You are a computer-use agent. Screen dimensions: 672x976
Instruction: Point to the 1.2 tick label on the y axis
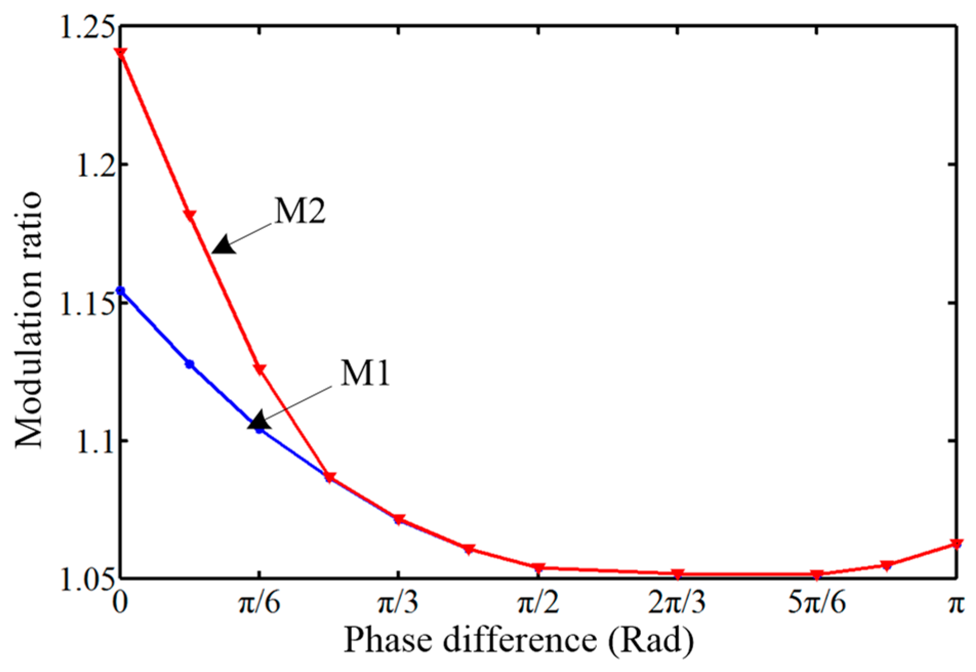coord(94,165)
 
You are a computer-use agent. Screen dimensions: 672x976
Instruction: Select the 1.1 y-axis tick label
coord(94,441)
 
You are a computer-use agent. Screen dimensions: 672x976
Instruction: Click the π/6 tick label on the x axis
coord(259,603)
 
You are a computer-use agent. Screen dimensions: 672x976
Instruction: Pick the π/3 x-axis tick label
coord(398,603)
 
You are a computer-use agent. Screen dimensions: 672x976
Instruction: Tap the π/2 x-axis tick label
coord(538,603)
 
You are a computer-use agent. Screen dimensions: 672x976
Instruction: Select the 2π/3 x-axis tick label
coord(677,603)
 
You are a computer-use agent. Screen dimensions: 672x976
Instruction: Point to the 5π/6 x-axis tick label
coord(816,603)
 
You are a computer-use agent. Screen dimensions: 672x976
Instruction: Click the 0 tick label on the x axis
coord(120,603)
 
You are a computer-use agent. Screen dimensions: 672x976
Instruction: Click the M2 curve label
coord(300,211)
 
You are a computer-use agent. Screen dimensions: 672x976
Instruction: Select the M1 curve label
coord(365,372)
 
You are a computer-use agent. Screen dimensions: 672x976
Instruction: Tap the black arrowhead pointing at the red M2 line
coord(224,245)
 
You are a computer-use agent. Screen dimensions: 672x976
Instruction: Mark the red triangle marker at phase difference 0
coord(120,53)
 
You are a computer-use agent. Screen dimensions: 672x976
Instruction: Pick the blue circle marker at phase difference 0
coord(120,291)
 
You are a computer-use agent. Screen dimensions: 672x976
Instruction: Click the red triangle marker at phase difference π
coord(956,543)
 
